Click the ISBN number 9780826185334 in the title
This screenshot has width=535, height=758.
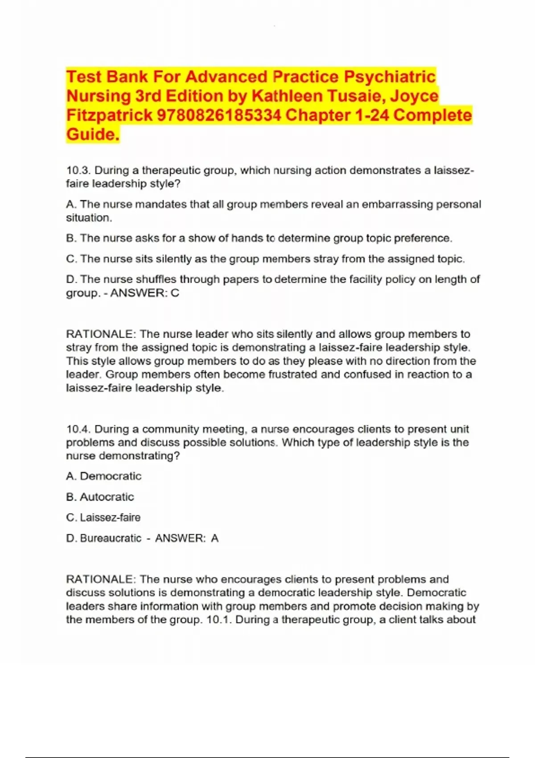click(219, 115)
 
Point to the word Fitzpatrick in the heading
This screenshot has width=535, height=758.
click(109, 115)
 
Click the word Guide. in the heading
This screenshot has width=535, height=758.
click(93, 134)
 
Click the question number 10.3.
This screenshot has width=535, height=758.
click(78, 170)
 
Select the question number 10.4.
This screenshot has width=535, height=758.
click(78, 429)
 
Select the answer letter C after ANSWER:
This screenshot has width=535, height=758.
click(175, 293)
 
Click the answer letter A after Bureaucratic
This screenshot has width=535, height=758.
click(215, 538)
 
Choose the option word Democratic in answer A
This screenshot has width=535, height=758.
click(111, 476)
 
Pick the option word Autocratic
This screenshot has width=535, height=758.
click(107, 497)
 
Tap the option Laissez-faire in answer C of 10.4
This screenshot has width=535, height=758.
click(110, 517)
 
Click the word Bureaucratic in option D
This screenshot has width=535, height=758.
click(111, 538)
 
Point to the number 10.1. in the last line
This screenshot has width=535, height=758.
click(219, 619)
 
